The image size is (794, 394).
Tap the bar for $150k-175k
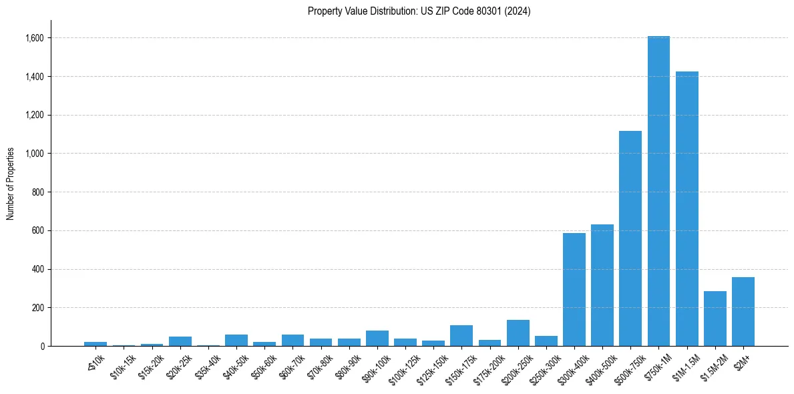coord(461,336)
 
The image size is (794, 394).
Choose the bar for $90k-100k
coord(377,339)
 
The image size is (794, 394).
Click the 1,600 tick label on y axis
coord(34,38)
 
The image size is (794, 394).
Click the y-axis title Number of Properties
coord(11,184)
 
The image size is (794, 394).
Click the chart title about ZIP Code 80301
coord(419,11)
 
